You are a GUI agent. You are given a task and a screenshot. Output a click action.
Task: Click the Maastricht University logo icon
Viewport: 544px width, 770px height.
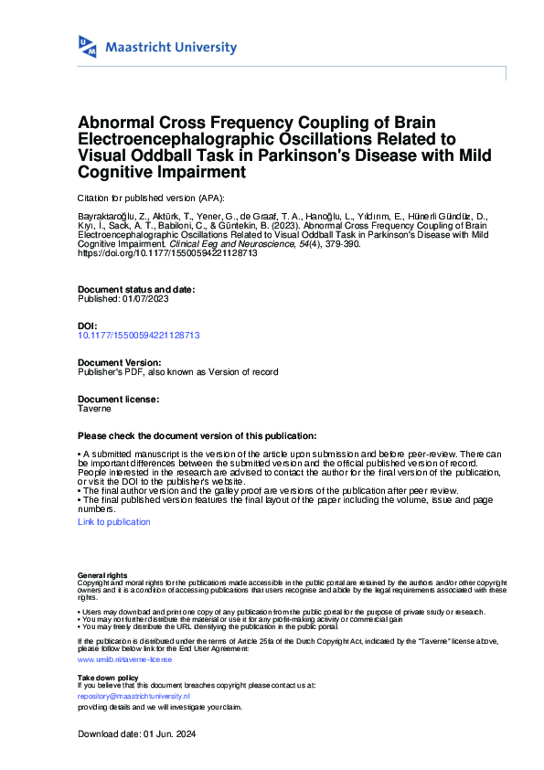point(88,46)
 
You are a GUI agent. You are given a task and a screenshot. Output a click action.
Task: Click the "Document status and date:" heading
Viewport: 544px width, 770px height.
point(136,290)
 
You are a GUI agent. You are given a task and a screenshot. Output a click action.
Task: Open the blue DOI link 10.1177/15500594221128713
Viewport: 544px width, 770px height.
point(139,336)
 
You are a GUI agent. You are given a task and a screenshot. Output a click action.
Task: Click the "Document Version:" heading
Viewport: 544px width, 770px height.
point(119,363)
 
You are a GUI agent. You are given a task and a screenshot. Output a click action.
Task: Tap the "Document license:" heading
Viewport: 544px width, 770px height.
point(119,400)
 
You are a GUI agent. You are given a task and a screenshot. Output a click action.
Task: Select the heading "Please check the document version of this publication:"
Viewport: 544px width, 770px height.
point(197,436)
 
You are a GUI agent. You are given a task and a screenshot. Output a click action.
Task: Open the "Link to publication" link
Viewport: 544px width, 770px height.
point(114,521)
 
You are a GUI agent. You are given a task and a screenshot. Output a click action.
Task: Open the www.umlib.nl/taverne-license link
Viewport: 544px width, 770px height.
point(123,658)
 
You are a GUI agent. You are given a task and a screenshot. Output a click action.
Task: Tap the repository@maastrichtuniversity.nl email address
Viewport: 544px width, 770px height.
point(133,696)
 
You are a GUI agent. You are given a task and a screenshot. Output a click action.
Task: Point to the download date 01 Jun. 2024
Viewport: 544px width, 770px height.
point(169,734)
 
